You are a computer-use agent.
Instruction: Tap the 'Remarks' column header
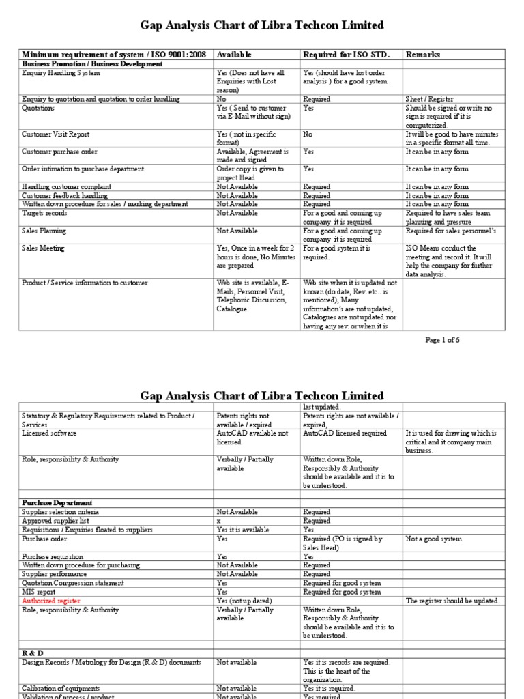click(x=423, y=54)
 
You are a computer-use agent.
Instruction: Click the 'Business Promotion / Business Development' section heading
click(x=92, y=63)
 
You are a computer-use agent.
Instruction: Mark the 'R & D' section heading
click(x=33, y=653)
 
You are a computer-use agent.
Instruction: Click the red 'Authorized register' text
click(x=51, y=601)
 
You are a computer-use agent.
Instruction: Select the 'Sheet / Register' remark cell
click(x=429, y=99)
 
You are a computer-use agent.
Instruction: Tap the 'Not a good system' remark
click(x=435, y=539)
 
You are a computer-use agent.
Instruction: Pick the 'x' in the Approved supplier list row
click(x=218, y=520)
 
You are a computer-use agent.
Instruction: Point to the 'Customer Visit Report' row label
click(x=55, y=134)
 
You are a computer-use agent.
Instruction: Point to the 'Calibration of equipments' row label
click(x=61, y=687)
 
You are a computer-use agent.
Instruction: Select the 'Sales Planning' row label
click(x=44, y=231)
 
